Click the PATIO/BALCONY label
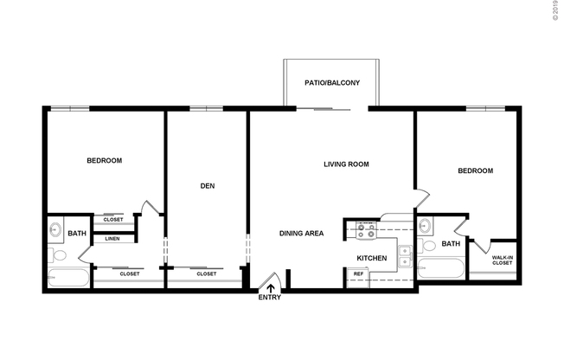coord(331,84)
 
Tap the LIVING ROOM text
coord(346,164)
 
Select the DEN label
coord(207,184)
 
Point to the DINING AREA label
coord(301,234)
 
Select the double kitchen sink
coord(403,258)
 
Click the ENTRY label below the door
coord(270,299)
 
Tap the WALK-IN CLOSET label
coord(502,260)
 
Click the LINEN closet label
coord(112,239)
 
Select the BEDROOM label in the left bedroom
coord(104,160)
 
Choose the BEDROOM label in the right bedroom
coord(475,170)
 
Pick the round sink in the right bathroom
coord(425,227)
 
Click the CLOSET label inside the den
coord(206,274)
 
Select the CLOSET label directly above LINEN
coord(112,220)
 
